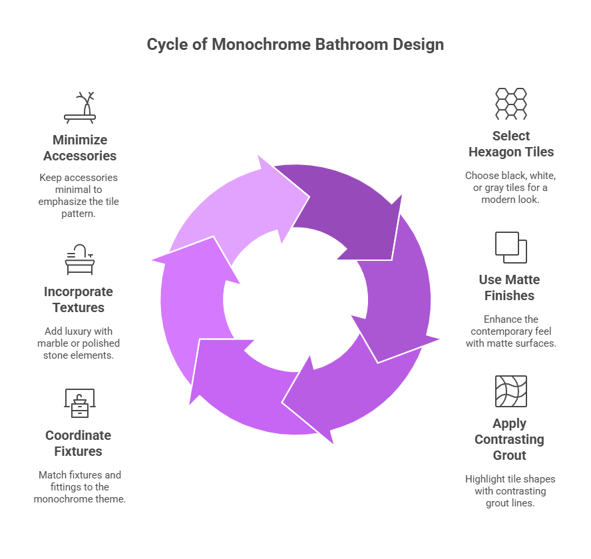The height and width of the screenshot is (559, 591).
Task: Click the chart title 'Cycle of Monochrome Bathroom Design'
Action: [x=295, y=45]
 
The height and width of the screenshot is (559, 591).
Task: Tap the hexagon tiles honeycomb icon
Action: [x=510, y=103]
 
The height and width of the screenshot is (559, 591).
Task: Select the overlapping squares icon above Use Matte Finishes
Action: [x=510, y=247]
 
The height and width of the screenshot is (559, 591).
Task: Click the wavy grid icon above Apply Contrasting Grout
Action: [x=510, y=391]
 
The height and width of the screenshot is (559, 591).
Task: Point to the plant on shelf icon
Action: [x=80, y=107]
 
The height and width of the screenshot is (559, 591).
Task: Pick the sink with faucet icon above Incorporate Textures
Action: [x=80, y=259]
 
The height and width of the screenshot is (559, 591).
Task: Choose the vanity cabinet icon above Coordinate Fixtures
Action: [x=79, y=403]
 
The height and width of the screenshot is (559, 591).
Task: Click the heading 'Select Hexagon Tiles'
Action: [x=510, y=144]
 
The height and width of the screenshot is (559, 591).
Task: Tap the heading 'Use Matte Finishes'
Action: [x=510, y=287]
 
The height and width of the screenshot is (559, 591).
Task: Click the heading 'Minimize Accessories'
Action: [x=80, y=148]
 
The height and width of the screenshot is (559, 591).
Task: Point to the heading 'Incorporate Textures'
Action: [x=79, y=299]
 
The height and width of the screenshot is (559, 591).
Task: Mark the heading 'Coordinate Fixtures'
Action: [x=79, y=443]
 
